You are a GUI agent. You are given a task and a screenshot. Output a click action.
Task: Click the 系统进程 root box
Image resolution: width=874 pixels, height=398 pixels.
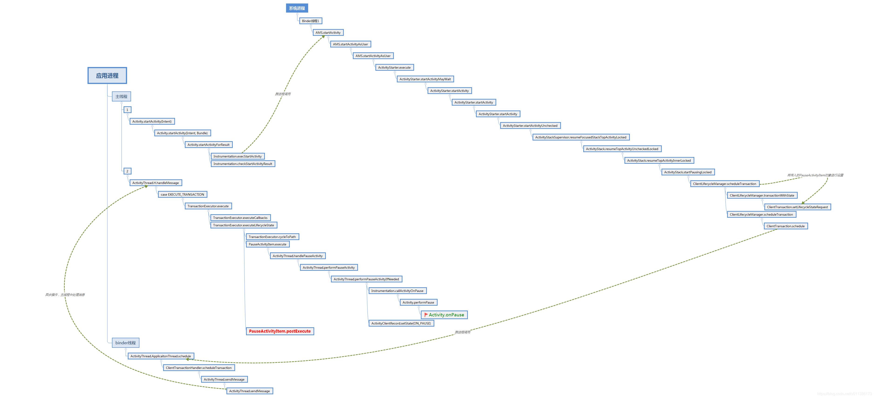297,8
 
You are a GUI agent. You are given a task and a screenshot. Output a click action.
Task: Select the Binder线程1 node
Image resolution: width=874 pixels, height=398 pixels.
310,21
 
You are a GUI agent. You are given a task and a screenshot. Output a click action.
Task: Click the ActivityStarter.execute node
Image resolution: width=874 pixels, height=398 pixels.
394,67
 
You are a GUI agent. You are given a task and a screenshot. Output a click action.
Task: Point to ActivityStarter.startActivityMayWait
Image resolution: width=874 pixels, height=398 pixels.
425,79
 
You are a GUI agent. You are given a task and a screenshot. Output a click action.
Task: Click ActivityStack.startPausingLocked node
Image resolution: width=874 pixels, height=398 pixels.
688,172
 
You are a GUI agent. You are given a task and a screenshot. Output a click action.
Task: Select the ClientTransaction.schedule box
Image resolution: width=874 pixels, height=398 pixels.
786,226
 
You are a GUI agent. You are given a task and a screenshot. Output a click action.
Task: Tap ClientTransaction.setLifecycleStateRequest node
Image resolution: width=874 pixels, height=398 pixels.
797,207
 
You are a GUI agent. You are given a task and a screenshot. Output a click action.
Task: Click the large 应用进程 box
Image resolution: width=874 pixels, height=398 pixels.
107,76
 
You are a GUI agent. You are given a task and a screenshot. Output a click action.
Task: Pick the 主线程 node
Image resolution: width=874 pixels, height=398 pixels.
121,97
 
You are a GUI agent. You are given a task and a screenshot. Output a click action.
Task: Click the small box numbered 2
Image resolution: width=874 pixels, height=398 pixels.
127,171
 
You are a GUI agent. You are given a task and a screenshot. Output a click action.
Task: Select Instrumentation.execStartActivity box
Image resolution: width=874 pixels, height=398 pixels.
237,156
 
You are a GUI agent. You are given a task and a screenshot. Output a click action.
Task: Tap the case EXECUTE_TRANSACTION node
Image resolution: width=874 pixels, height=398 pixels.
182,195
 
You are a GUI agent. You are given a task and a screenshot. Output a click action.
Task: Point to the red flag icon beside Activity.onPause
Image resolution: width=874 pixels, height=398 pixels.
426,314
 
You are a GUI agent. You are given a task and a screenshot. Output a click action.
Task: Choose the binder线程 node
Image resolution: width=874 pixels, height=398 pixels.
125,343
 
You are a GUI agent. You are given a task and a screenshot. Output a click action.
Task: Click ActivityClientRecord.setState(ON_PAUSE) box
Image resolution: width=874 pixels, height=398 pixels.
401,323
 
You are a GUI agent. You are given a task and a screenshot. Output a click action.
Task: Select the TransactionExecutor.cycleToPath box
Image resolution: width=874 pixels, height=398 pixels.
272,237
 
